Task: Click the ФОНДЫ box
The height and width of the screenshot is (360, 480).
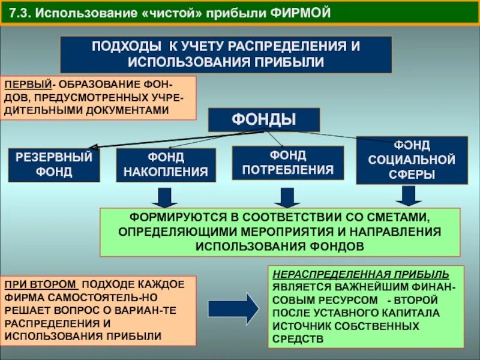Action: [263, 119]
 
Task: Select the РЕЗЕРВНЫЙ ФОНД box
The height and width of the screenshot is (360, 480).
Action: [53, 164]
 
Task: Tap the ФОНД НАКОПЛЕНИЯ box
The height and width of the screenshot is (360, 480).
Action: [166, 165]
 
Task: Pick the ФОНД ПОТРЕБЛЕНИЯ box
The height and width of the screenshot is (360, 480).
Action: [287, 163]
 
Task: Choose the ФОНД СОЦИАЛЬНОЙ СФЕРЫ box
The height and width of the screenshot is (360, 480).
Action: [412, 160]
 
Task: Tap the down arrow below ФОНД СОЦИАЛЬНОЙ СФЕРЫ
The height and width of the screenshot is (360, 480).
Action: [409, 195]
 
